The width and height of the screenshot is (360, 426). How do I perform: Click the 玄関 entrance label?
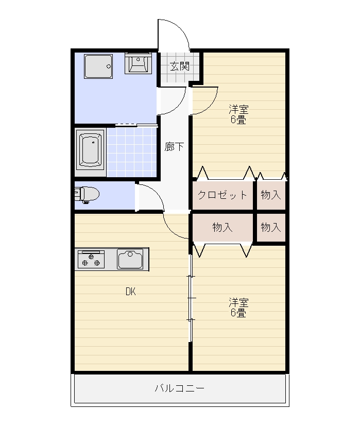click(x=180, y=66)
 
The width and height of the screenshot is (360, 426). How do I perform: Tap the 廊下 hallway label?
click(x=174, y=147)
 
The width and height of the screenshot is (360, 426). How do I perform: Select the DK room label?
click(x=131, y=292)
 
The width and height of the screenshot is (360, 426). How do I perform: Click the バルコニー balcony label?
click(x=180, y=388)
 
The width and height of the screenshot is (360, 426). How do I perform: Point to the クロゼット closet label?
click(x=222, y=195)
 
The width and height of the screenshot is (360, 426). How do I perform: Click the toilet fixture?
click(x=87, y=195)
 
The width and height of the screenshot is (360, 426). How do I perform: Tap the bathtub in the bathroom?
click(x=90, y=150)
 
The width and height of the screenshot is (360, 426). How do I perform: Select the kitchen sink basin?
click(x=130, y=259)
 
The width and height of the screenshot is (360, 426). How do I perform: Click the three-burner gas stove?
click(x=91, y=260)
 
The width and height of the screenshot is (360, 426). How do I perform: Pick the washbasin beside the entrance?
click(x=139, y=63)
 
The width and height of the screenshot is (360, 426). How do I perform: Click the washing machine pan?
click(x=98, y=66)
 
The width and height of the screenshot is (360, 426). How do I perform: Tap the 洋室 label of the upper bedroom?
click(x=238, y=110)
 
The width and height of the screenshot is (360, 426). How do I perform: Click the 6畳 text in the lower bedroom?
click(x=238, y=313)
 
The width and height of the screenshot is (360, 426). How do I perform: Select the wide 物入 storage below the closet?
click(x=222, y=227)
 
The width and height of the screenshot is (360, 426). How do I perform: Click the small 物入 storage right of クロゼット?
click(x=271, y=195)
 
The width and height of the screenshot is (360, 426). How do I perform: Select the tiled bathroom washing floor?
click(x=132, y=152)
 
